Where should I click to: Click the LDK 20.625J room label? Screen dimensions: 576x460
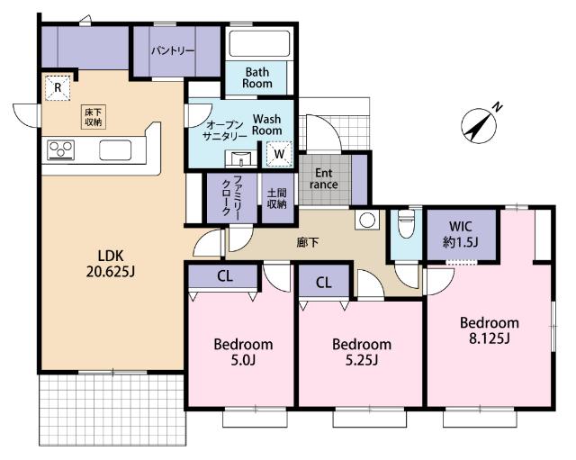(x=111, y=263)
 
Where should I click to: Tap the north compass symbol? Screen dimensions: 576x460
(x=480, y=125)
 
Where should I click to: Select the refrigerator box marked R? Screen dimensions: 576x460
(x=58, y=87)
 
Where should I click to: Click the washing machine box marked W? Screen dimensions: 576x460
(x=279, y=154)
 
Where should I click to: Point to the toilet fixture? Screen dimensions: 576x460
(x=406, y=223)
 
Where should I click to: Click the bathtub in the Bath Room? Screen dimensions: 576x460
(x=259, y=43)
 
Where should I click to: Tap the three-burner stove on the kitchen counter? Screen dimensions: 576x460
(x=60, y=150)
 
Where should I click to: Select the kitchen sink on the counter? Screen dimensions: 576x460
(x=115, y=150)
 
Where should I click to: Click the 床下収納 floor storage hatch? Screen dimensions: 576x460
(x=94, y=117)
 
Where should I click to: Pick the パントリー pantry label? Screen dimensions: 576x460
(x=173, y=50)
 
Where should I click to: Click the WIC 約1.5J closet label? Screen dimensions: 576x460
(x=461, y=234)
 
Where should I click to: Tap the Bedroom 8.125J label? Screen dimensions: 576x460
(x=490, y=330)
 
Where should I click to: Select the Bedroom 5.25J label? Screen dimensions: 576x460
(x=362, y=352)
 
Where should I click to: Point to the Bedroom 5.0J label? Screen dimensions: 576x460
(x=243, y=352)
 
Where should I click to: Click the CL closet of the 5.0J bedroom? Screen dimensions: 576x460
(x=223, y=276)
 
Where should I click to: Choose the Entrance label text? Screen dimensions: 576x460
(x=324, y=178)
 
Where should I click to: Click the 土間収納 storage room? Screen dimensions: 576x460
(x=277, y=198)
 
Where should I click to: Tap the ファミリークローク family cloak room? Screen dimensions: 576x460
(x=232, y=198)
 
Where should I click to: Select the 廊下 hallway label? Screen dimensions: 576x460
(x=308, y=242)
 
